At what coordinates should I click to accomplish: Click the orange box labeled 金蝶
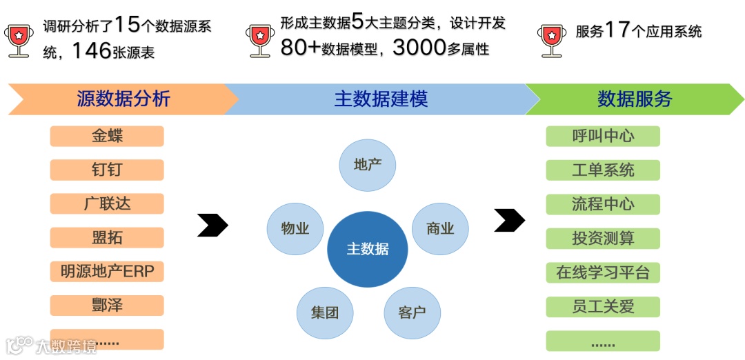[x=107, y=136]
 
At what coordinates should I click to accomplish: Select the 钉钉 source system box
[x=107, y=170]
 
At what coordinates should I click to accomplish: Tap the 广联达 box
[x=107, y=203]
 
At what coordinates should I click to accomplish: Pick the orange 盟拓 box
[x=107, y=237]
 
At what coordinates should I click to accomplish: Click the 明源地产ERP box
[x=107, y=271]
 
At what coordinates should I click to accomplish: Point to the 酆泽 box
[x=107, y=305]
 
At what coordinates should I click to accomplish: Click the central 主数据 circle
[x=367, y=249]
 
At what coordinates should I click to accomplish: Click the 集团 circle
[x=325, y=312]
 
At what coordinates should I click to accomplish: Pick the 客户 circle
[x=412, y=312]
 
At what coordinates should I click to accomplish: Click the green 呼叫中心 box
[x=603, y=136]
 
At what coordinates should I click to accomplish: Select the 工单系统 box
[x=603, y=170]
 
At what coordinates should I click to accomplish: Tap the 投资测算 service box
[x=603, y=238]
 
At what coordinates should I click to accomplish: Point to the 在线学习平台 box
[x=603, y=272]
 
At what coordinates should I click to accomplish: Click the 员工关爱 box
[x=603, y=306]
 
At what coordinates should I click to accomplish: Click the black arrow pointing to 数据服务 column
[x=509, y=221]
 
